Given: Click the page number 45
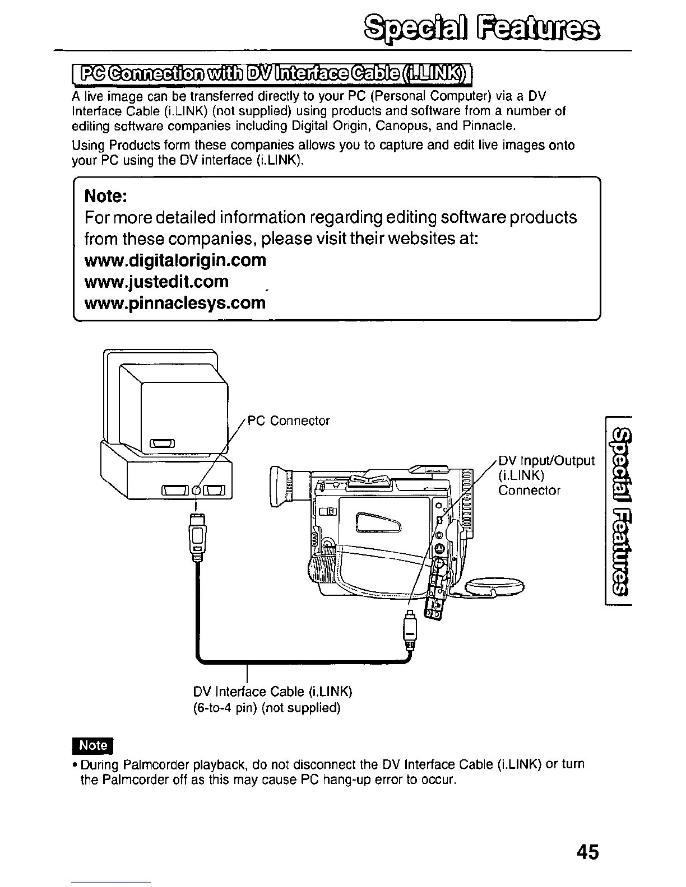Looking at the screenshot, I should [x=587, y=852].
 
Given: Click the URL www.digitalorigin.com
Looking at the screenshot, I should [x=175, y=260].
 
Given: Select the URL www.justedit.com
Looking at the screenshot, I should [x=156, y=282].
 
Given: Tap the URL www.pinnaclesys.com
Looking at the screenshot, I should [x=174, y=303].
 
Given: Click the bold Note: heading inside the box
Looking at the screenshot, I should [x=105, y=197].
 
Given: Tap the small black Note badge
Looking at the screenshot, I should [x=93, y=745].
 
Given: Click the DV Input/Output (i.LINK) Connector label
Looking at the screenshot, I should [x=545, y=475].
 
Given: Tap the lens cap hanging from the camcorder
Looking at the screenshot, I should [x=495, y=587].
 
